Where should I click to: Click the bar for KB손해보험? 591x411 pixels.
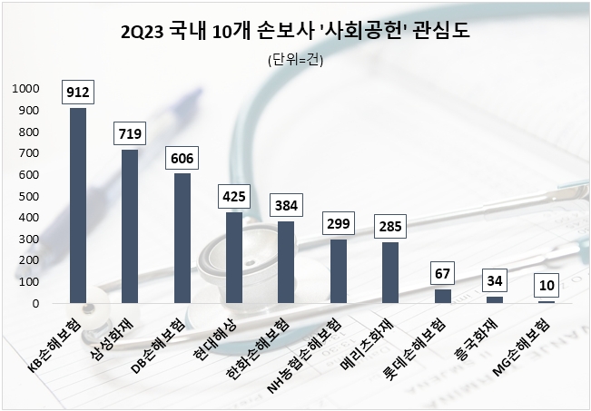78,205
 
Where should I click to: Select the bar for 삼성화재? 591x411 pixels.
130,226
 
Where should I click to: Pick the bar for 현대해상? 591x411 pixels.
233,258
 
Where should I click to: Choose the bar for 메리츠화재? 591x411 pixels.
389,272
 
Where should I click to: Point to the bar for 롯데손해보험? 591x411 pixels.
442,296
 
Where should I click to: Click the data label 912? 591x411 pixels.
78,91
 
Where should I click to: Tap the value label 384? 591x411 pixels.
286,204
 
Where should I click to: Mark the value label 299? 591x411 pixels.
338,222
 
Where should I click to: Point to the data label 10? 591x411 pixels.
546,285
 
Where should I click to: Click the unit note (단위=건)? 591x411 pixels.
296,61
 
